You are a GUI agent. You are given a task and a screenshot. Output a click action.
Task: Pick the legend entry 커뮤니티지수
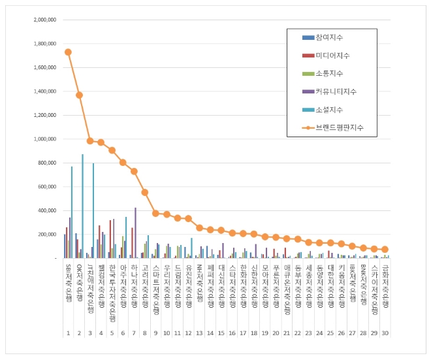332,91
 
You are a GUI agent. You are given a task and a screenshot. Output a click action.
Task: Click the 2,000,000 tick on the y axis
44,20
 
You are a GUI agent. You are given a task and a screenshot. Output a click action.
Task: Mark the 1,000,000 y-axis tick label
44,139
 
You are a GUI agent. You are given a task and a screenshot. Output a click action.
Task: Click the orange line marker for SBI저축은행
68,52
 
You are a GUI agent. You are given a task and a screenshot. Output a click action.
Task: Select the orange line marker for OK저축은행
79,95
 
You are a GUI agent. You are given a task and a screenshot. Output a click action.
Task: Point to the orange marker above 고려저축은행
144,192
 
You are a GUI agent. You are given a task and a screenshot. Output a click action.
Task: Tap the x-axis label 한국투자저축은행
112,285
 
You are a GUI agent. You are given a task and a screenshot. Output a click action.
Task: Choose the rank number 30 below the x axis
385,333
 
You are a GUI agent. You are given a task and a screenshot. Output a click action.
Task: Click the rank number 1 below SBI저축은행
68,333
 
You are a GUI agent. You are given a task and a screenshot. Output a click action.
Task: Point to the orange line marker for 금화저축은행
385,250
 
